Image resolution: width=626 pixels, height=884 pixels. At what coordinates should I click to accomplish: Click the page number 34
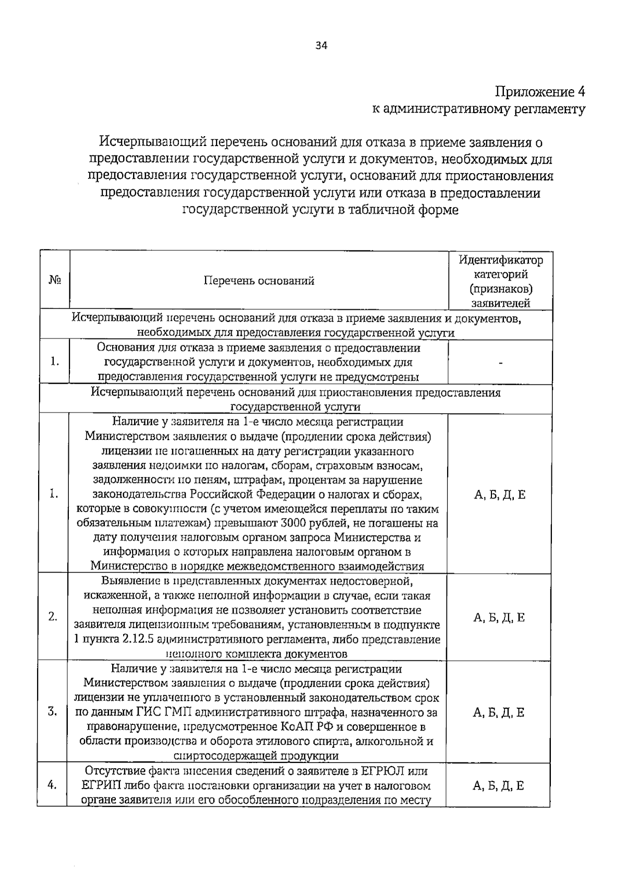(x=321, y=46)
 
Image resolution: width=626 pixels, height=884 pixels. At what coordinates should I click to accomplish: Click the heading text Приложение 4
(x=540, y=92)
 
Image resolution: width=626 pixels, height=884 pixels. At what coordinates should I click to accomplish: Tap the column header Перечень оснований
(x=259, y=281)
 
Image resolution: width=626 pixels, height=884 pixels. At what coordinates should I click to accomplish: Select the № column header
(x=55, y=281)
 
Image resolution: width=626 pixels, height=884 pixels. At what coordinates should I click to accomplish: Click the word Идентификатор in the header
(x=500, y=260)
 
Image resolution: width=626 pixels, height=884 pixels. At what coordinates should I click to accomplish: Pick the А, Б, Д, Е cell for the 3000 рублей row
(x=499, y=495)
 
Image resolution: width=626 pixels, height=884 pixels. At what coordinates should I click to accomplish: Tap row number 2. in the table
(x=53, y=616)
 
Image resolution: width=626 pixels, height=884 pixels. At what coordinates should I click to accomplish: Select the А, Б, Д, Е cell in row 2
(x=499, y=618)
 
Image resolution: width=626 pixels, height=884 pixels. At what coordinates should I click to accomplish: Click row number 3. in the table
(x=53, y=711)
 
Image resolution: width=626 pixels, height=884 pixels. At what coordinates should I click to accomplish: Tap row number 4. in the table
(x=52, y=785)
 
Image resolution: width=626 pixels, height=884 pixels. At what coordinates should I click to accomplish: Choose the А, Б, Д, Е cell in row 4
(x=498, y=786)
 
